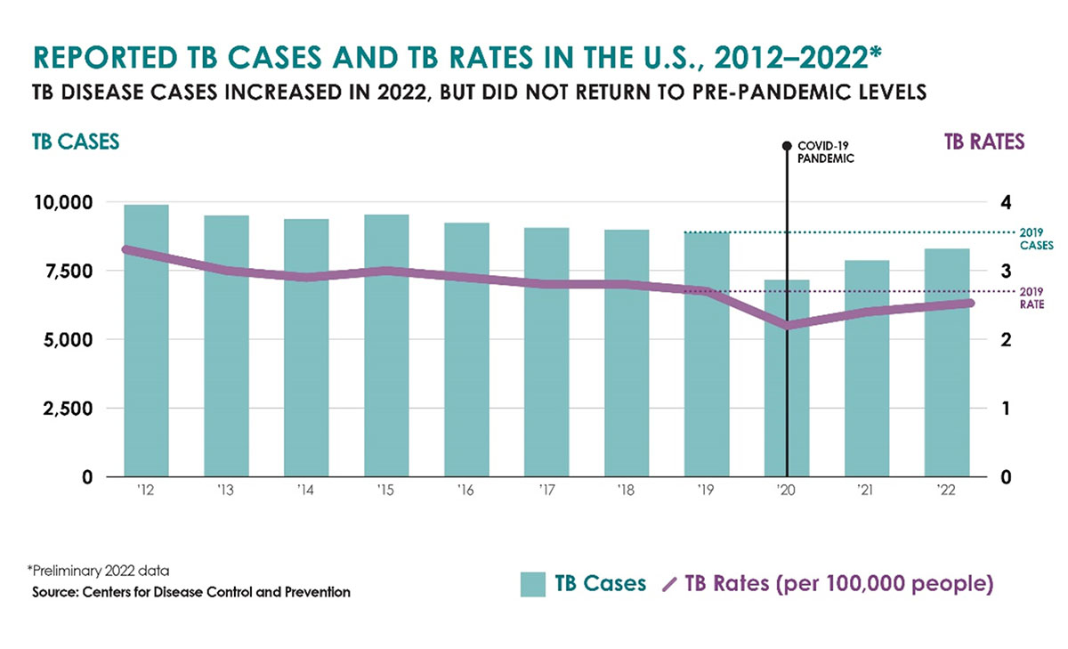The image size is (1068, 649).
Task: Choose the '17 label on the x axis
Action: tap(546, 490)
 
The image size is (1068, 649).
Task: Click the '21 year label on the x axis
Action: tap(867, 490)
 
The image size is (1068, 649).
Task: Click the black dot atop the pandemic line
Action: tap(787, 145)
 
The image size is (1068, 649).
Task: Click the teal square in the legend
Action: tap(532, 584)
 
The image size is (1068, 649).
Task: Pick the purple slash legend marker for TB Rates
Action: tap(671, 585)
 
